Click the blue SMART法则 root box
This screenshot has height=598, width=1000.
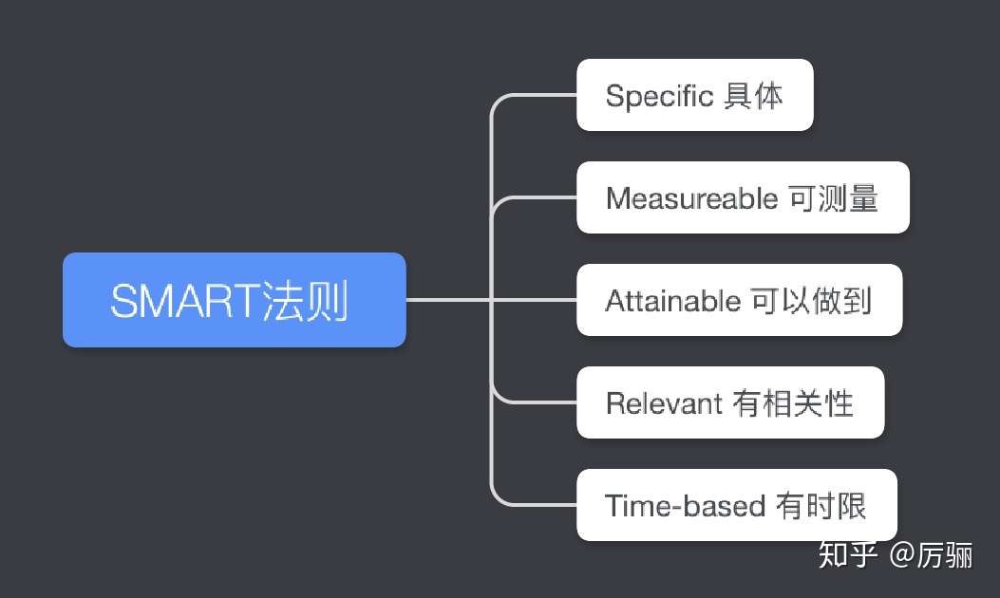click(x=234, y=300)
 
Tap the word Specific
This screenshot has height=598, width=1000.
click(x=659, y=96)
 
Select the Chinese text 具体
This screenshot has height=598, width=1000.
click(x=753, y=96)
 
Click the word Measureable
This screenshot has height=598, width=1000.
click(x=692, y=198)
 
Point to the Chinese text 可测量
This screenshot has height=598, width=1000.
click(x=834, y=198)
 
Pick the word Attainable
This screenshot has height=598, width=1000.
click(x=672, y=301)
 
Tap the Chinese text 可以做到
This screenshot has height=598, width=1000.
click(x=811, y=301)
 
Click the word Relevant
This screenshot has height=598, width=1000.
click(x=664, y=403)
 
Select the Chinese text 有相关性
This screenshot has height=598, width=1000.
click(x=793, y=403)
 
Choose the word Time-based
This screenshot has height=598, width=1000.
click(x=685, y=506)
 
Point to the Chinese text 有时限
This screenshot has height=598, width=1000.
click(x=821, y=506)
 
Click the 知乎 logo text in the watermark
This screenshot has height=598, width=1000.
click(x=847, y=554)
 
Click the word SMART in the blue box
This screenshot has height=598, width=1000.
click(x=184, y=301)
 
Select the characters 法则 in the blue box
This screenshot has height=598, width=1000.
click(x=305, y=300)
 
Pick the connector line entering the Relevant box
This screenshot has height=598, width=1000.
click(x=535, y=402)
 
